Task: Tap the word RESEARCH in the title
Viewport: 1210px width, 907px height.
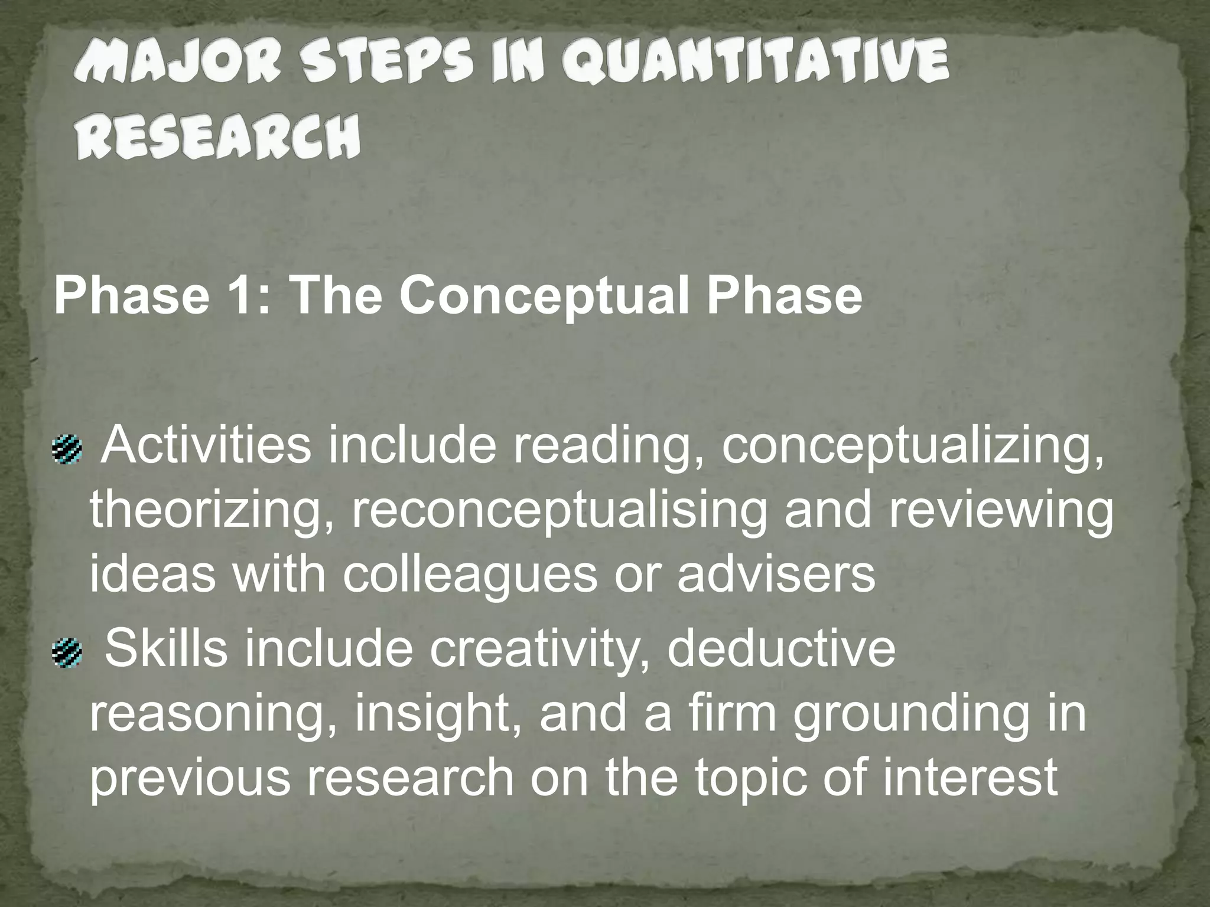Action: [x=217, y=138]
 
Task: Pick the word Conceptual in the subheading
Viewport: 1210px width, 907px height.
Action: [x=543, y=296]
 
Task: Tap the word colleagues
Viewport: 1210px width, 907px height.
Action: [x=470, y=575]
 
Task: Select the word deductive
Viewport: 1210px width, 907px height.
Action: [x=780, y=648]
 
